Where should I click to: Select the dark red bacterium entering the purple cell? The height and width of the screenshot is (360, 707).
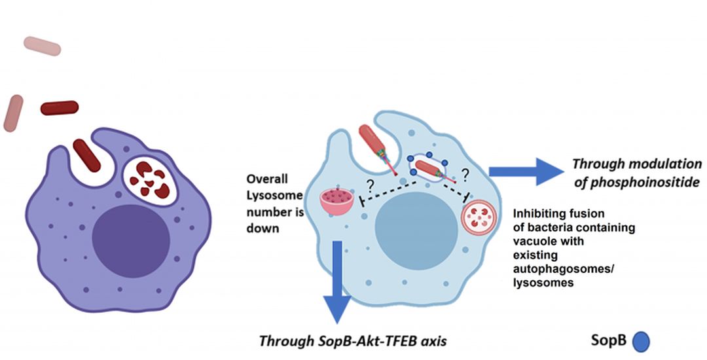point(86,155)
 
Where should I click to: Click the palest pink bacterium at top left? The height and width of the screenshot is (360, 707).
point(43,46)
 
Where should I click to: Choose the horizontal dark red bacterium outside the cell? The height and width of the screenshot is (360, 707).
point(60,107)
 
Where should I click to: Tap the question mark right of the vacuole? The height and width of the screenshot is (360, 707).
point(467,173)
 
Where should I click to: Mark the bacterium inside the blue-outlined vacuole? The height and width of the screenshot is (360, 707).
point(429,168)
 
